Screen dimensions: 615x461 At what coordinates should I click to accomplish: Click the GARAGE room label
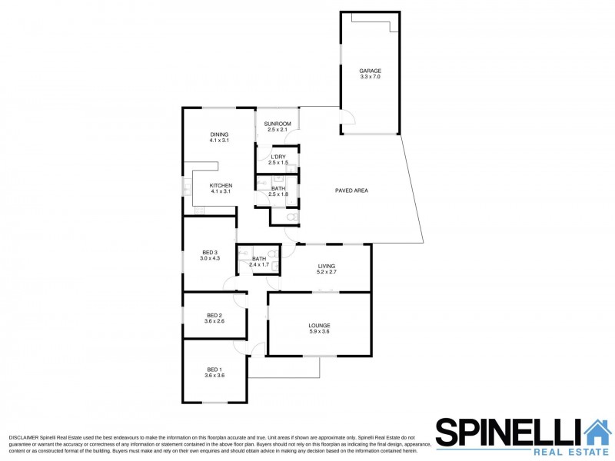pyautogui.click(x=371, y=71)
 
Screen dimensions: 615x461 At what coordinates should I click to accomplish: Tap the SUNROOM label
pyautogui.click(x=278, y=124)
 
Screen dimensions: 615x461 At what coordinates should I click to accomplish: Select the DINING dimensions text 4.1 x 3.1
pyautogui.click(x=219, y=140)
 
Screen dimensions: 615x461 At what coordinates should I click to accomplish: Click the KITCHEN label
pyautogui.click(x=221, y=186)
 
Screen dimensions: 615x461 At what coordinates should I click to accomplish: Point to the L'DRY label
pyautogui.click(x=278, y=157)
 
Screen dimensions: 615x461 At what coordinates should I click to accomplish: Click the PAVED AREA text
pyautogui.click(x=351, y=191)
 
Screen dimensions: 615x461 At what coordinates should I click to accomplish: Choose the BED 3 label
pyautogui.click(x=210, y=253)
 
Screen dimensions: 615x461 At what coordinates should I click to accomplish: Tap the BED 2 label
pyautogui.click(x=214, y=316)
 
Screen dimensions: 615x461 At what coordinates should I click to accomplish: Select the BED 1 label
pyautogui.click(x=214, y=370)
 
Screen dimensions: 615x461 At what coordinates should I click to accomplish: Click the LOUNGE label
pyautogui.click(x=319, y=325)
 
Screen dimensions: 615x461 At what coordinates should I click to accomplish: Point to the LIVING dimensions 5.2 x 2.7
pyautogui.click(x=327, y=272)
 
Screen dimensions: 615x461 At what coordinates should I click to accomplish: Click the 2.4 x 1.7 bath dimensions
pyautogui.click(x=259, y=264)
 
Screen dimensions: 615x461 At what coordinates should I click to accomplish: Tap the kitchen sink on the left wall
pyautogui.click(x=187, y=189)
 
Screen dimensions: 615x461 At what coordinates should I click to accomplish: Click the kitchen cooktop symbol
pyautogui.click(x=199, y=211)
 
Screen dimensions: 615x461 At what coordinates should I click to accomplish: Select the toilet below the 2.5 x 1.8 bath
pyautogui.click(x=292, y=217)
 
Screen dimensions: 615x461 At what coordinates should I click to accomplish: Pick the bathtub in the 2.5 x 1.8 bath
pyautogui.click(x=292, y=191)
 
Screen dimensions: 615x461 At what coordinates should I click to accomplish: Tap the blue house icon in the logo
pyautogui.click(x=598, y=432)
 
